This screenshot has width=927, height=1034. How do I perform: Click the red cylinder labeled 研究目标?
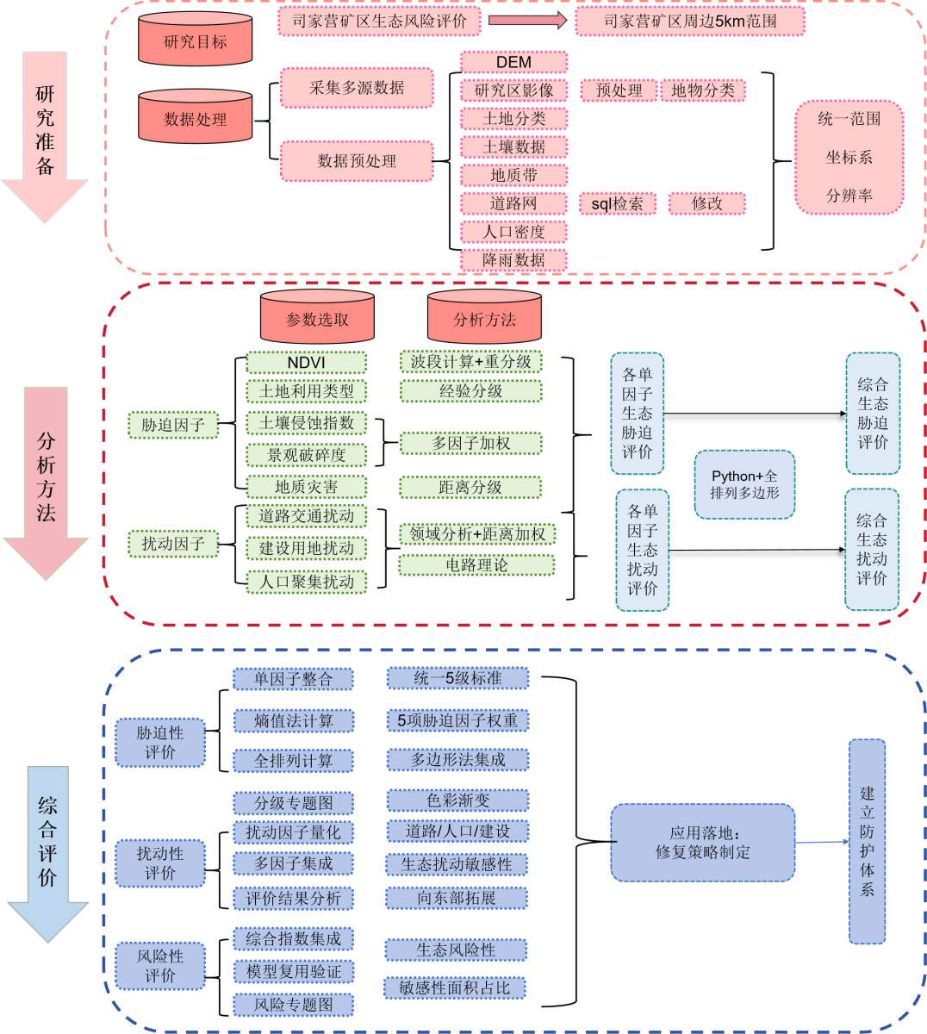196,40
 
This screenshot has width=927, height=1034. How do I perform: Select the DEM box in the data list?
513,62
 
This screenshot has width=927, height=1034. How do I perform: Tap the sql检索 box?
617,203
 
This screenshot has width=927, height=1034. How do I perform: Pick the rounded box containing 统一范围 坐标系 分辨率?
849,158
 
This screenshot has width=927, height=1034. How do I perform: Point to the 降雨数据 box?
513,260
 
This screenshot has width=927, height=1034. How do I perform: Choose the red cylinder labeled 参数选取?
317,319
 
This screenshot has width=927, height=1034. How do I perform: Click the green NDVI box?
306,363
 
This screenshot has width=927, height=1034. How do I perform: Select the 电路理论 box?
476,565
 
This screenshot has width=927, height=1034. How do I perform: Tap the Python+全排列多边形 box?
744,484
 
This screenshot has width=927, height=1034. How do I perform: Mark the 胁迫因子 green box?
173,425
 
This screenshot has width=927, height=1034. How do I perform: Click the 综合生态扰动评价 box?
871,550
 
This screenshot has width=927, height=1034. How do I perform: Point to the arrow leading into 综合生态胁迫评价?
754,414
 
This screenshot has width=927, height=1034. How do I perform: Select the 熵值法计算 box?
293,720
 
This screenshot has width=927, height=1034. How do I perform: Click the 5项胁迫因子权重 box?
457,720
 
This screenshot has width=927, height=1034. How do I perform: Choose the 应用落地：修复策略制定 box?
702,843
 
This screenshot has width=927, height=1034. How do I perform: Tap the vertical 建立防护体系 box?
867,841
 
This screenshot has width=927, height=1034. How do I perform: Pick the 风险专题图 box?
293,1004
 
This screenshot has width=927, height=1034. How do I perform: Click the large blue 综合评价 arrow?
47,853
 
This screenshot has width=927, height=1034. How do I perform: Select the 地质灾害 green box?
306,487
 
